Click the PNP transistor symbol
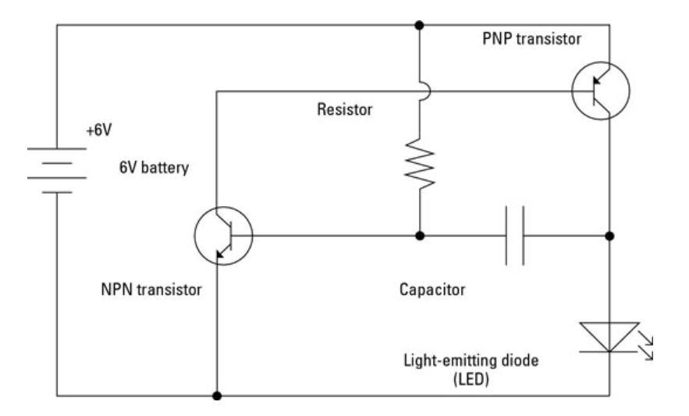(599, 91)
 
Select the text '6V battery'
(154, 167)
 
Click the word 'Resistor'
(345, 111)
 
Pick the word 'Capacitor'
(432, 290)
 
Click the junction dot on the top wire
(421, 25)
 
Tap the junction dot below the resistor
(421, 235)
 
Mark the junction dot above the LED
(609, 235)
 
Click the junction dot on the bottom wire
(217, 396)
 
